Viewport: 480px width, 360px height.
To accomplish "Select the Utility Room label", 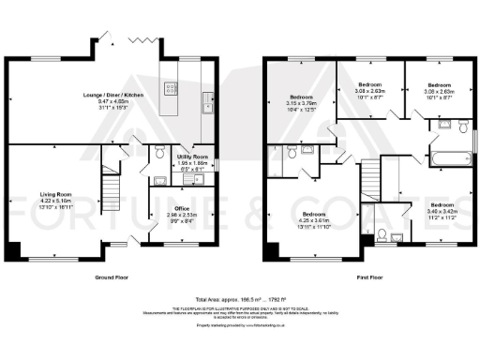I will [193, 157].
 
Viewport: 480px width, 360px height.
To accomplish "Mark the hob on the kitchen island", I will [172, 89].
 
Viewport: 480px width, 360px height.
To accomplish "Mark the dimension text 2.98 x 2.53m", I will [183, 214].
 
